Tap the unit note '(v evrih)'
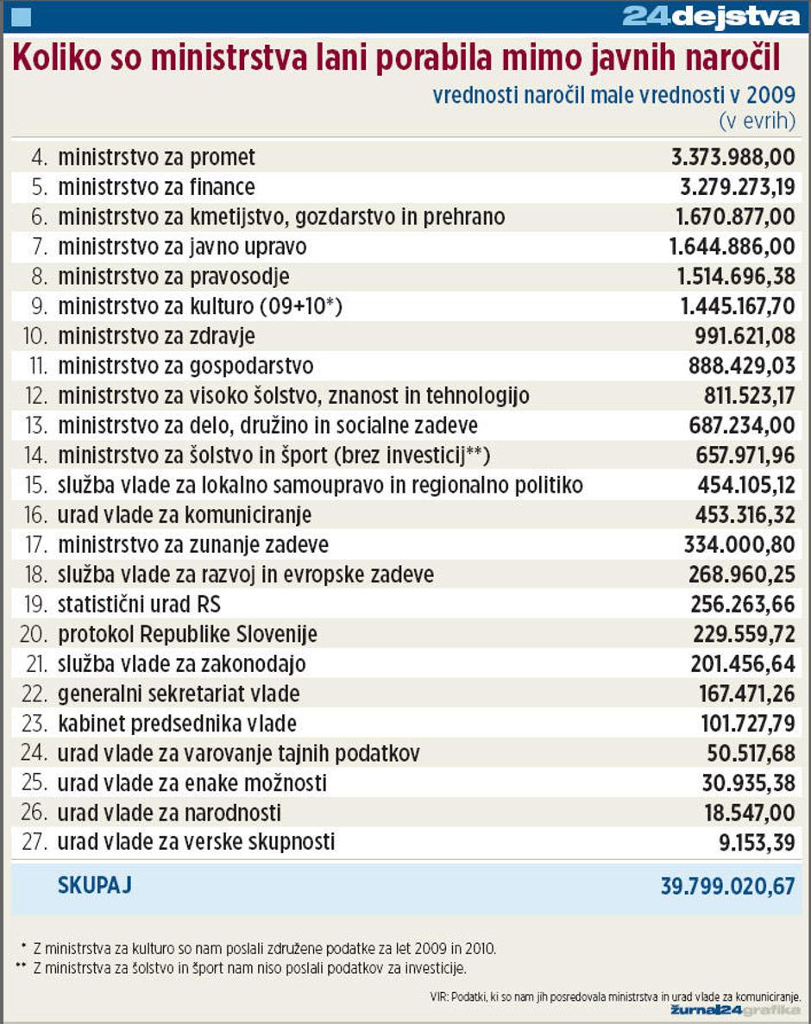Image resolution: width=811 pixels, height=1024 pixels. (757, 121)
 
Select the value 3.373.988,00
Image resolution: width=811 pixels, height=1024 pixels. (732, 157)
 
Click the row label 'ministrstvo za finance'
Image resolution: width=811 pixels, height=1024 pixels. (156, 186)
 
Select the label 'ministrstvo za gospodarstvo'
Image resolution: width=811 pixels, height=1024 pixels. (185, 366)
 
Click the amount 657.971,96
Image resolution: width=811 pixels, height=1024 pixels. (745, 455)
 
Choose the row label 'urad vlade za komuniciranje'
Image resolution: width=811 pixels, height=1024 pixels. (185, 515)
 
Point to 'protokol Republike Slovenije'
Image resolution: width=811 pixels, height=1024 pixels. (187, 635)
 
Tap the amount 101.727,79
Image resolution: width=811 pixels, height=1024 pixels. (743, 724)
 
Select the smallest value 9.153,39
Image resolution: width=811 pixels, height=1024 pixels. (755, 843)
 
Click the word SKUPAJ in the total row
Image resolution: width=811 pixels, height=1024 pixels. (94, 885)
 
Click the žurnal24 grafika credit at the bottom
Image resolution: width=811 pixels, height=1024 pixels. (736, 1010)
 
